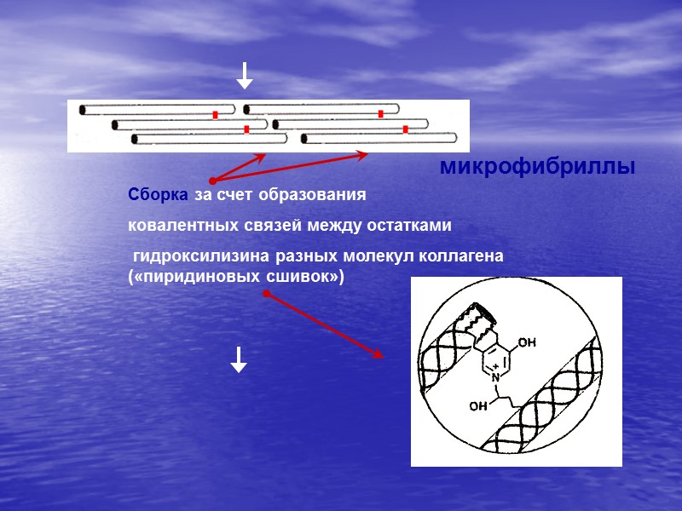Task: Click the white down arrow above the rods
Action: [244, 77]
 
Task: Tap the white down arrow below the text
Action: [239, 360]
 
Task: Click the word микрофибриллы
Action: [537, 168]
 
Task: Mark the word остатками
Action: [402, 226]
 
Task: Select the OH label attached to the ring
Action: [526, 343]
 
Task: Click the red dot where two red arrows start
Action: [212, 181]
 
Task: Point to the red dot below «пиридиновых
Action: [266, 294]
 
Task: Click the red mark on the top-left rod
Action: [217, 114]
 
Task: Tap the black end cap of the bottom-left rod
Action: [135, 139]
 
